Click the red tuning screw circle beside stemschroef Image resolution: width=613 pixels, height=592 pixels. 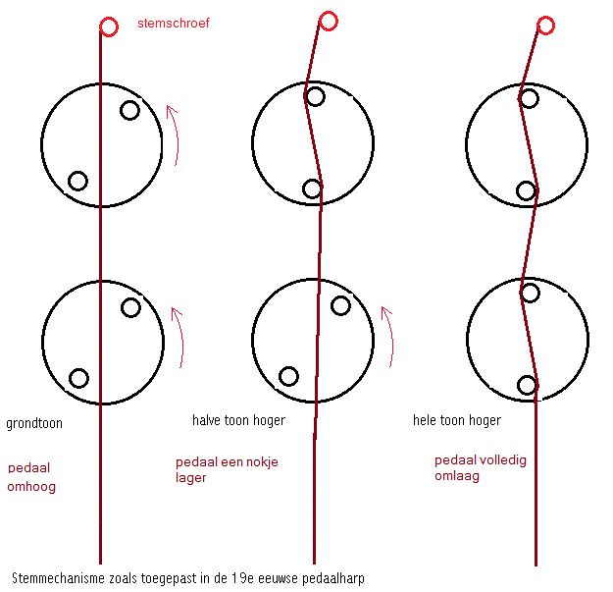click(107, 27)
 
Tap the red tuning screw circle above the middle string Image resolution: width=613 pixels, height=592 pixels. click(329, 21)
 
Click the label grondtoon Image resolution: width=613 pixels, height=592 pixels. click(36, 424)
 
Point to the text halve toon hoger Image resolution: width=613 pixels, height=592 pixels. click(238, 420)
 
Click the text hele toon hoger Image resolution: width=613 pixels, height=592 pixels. click(457, 420)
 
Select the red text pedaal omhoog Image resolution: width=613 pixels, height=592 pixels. click(31, 476)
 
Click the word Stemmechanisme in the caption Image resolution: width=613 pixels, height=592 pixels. click(58, 578)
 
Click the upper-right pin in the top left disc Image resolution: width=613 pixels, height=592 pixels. click(129, 110)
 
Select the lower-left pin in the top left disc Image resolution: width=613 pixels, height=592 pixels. click(77, 181)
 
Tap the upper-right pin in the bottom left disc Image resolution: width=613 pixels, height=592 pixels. click(130, 307)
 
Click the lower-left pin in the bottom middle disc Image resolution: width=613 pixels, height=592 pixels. click(288, 376)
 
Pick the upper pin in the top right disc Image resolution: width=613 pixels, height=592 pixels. click(529, 98)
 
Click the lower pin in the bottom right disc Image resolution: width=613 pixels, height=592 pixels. click(527, 386)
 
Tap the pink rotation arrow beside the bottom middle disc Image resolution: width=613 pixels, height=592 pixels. click(387, 337)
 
